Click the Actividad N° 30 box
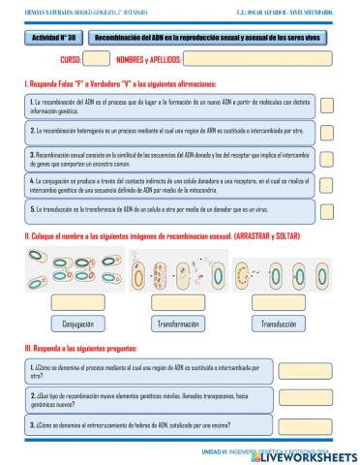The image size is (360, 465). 54,38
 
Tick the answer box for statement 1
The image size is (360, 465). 326,106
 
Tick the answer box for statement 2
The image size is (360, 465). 326,131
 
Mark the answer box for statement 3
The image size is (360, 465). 326,159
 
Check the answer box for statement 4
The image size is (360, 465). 326,185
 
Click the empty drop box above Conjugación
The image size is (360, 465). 77,303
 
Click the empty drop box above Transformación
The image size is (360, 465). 179,303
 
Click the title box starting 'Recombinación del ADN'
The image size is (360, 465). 209,38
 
